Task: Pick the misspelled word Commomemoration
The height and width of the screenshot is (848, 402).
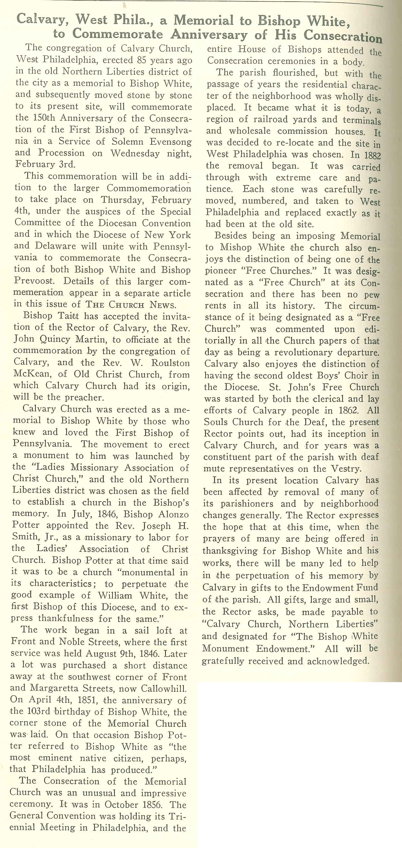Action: click(x=149, y=188)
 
